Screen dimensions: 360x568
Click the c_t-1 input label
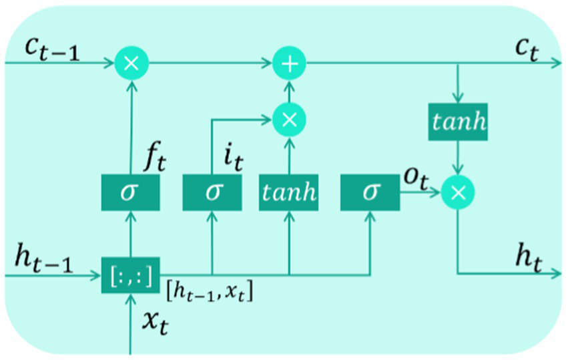tap(51, 49)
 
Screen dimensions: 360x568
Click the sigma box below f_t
tap(131, 193)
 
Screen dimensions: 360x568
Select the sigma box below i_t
tap(212, 193)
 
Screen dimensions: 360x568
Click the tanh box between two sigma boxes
tap(289, 193)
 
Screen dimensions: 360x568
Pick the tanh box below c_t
tap(458, 122)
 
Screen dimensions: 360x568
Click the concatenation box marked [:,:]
tap(131, 274)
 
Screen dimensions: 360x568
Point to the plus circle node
tap(289, 64)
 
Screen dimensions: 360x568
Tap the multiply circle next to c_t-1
tap(131, 64)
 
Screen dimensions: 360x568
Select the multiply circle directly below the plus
tap(289, 119)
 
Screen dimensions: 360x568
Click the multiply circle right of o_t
tap(458, 193)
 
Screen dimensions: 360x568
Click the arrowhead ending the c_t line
tap(557, 64)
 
